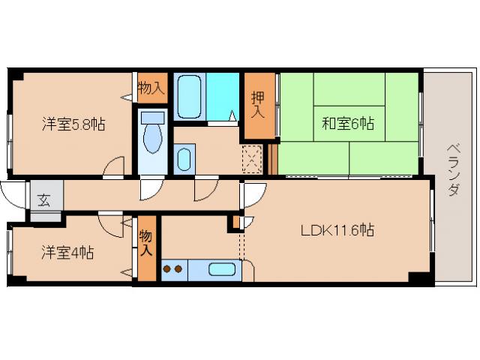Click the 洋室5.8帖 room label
(x=73, y=124)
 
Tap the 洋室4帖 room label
(x=67, y=253)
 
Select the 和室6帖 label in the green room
(x=348, y=124)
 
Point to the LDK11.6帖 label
(x=337, y=231)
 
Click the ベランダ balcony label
(x=453, y=169)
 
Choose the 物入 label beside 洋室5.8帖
(x=151, y=88)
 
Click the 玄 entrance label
(x=44, y=199)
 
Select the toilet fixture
(x=153, y=134)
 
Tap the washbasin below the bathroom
(x=184, y=158)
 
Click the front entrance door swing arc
(x=13, y=196)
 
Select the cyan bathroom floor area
(x=222, y=95)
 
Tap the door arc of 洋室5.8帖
(x=114, y=167)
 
